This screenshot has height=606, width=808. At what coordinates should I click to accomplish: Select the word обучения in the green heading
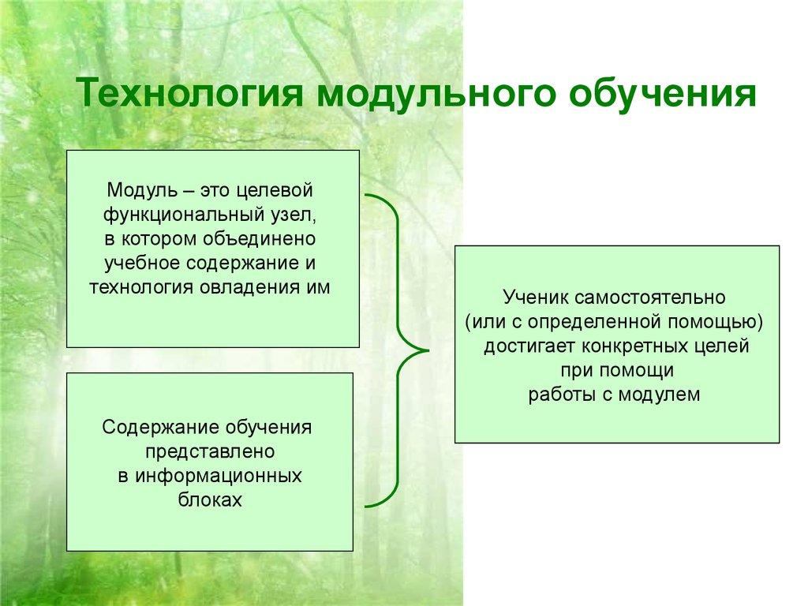click(662, 95)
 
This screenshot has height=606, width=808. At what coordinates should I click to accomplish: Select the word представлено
click(210, 452)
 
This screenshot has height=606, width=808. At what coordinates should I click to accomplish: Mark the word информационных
click(219, 476)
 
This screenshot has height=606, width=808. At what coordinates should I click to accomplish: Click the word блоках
click(210, 499)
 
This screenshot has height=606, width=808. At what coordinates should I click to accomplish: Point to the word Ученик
click(535, 297)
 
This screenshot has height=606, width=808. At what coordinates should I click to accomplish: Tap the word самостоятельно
click(649, 297)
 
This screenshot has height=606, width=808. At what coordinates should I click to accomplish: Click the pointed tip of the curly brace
click(428, 350)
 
